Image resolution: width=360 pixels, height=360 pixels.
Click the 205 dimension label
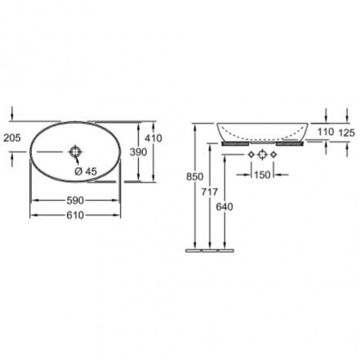[12, 138]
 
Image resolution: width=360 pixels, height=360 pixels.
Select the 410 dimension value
[153, 138]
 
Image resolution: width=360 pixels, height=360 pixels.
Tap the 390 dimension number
[138, 152]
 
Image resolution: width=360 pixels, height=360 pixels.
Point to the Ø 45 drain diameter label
[86, 171]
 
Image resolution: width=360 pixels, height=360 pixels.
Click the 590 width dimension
[75, 200]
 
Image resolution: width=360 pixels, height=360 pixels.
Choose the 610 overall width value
[75, 215]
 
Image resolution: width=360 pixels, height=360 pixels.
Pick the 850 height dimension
[195, 176]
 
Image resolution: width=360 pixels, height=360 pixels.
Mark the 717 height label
[209, 192]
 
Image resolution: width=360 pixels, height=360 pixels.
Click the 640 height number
[224, 207]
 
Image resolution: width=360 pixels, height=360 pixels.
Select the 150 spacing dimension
[263, 175]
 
